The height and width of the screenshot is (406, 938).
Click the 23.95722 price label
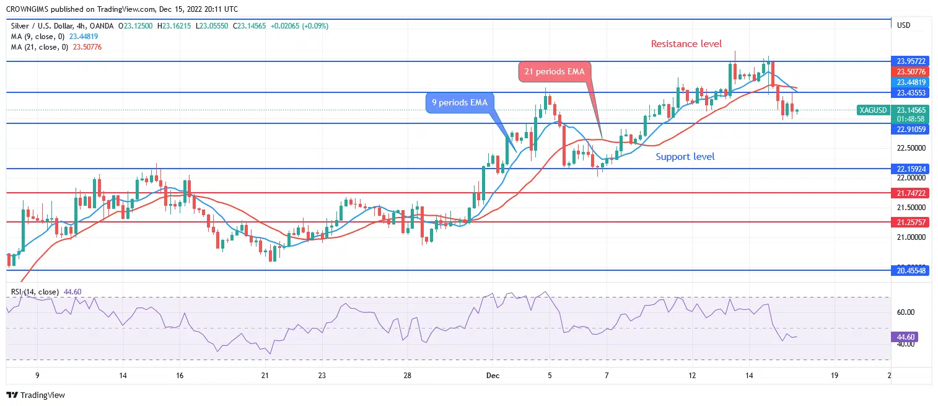tap(910, 61)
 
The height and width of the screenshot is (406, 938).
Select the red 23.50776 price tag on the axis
tap(910, 71)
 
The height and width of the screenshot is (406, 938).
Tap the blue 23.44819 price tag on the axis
tap(910, 82)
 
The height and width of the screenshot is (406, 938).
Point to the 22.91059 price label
tap(910, 130)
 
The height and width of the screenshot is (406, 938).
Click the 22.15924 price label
tap(910, 169)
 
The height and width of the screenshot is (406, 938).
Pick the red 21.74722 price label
tap(910, 193)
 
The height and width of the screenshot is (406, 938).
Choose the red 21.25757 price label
tap(910, 222)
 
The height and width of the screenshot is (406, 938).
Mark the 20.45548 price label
tap(910, 270)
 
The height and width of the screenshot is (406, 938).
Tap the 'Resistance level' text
tap(686, 44)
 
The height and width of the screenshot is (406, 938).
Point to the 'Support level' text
tap(685, 157)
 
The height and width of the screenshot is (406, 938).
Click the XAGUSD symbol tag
tap(873, 110)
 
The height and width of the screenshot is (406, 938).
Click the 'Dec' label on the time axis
tap(493, 376)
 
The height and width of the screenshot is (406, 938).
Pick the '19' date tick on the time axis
tap(835, 376)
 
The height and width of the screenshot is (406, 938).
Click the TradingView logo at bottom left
tap(36, 395)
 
